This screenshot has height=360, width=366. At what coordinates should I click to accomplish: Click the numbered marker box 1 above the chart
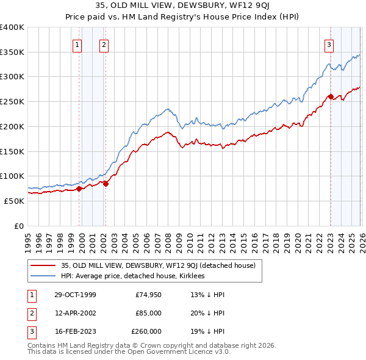[x=78, y=44]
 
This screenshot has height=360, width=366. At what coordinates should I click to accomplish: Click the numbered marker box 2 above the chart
[x=104, y=44]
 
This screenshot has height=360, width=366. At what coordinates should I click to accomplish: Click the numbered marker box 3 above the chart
[x=329, y=44]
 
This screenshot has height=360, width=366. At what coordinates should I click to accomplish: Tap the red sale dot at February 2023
[x=331, y=96]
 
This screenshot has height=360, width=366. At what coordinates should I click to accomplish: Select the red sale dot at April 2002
[x=106, y=183]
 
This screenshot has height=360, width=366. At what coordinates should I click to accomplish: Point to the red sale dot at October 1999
[x=79, y=189]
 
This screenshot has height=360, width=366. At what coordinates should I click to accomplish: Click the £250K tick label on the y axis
[x=12, y=102]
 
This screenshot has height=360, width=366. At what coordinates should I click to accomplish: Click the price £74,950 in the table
[x=148, y=295]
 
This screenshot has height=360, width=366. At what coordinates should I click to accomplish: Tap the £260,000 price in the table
[x=146, y=331]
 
